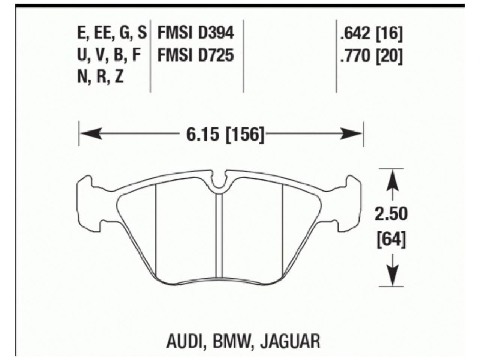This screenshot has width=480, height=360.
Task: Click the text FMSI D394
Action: pos(195,34)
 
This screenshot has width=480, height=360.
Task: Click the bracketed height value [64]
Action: pos(391,239)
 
